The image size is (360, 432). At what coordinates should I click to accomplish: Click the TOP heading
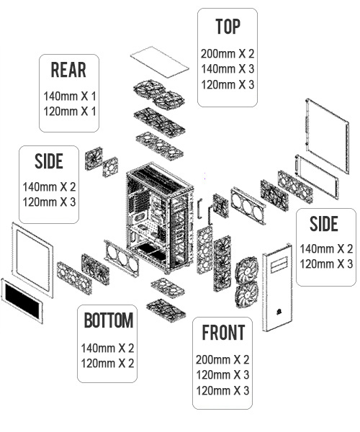pyautogui.click(x=228, y=27)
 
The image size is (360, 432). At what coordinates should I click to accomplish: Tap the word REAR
pyautogui.click(x=68, y=70)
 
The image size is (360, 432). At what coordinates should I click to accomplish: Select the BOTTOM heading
pyautogui.click(x=109, y=320)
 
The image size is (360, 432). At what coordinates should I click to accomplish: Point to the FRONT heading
pyautogui.click(x=223, y=333)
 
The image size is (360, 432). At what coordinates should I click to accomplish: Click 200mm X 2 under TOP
pyautogui.click(x=228, y=54)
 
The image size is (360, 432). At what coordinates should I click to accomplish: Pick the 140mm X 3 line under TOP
pyautogui.click(x=228, y=69)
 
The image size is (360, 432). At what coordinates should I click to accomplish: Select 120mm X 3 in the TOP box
pyautogui.click(x=228, y=84)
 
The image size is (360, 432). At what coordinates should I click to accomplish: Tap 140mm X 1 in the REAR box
pyautogui.click(x=70, y=96)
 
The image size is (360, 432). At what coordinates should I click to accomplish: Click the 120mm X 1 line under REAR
pyautogui.click(x=70, y=112)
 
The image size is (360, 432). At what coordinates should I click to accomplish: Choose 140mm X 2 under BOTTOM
pyautogui.click(x=107, y=348)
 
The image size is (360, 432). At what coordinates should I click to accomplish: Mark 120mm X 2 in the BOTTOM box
pyautogui.click(x=107, y=364)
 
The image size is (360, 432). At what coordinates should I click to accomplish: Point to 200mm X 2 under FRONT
pyautogui.click(x=222, y=359)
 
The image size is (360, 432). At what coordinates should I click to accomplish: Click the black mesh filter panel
pyautogui.click(x=22, y=301)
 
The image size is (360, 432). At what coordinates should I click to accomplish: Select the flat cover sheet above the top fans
pyautogui.click(x=160, y=62)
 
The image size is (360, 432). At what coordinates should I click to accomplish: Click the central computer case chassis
pyautogui.click(x=160, y=217)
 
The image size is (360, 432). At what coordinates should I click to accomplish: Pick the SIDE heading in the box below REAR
pyautogui.click(x=49, y=161)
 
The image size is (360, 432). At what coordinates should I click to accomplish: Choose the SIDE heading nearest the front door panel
pyautogui.click(x=324, y=223)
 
